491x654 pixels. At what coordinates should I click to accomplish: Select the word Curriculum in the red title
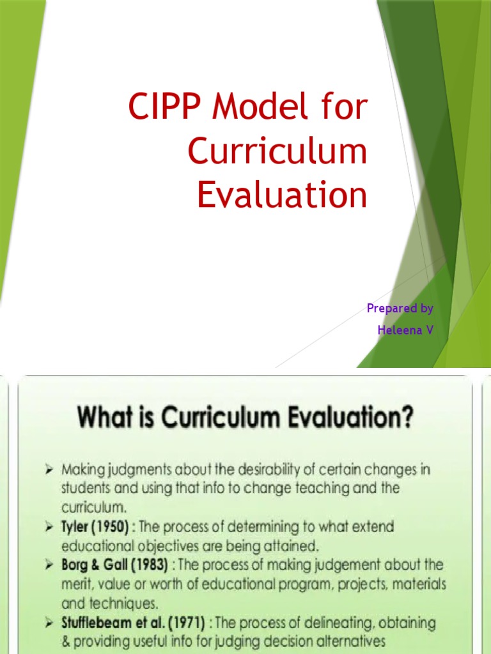[277, 152]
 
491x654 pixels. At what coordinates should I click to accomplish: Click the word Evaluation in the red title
[282, 195]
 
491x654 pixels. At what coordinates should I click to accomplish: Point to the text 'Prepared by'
[400, 308]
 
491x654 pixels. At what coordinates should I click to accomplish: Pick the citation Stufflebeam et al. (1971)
[132, 622]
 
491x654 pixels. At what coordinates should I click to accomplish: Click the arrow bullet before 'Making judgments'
[48, 470]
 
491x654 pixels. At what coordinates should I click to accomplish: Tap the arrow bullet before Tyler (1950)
[48, 528]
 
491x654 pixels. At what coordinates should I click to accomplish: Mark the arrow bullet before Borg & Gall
[48, 565]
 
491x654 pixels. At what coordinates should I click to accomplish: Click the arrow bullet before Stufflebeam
[48, 622]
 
